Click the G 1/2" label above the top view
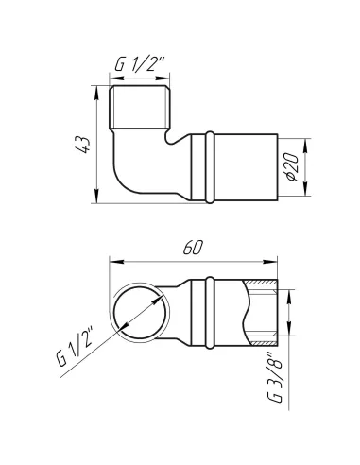tap(139, 64)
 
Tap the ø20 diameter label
tap(293, 167)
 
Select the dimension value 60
tap(193, 248)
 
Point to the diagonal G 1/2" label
tap(76, 348)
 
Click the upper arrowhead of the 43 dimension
tap(96, 92)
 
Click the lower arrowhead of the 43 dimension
tap(96, 197)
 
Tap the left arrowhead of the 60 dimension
tap(116, 262)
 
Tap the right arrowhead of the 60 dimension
tap(270, 262)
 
